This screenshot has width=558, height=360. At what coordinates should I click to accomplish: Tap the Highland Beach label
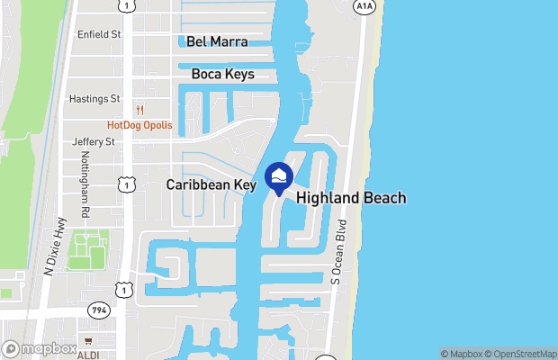(x=351, y=198)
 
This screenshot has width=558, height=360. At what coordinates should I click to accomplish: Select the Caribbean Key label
(x=211, y=184)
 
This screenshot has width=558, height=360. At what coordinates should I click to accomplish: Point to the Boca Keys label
(x=222, y=75)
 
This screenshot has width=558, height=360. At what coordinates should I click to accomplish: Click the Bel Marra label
(x=217, y=41)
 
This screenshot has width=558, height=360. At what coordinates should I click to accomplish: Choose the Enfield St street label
(x=99, y=34)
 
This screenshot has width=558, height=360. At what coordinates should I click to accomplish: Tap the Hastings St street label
(x=94, y=99)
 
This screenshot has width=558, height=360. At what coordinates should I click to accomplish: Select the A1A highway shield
(x=364, y=7)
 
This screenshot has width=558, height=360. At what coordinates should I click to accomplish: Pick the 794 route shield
(x=99, y=310)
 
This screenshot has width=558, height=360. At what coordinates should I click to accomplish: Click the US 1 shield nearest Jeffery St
(x=123, y=184)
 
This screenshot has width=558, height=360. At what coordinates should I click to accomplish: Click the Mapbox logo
(x=39, y=348)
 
